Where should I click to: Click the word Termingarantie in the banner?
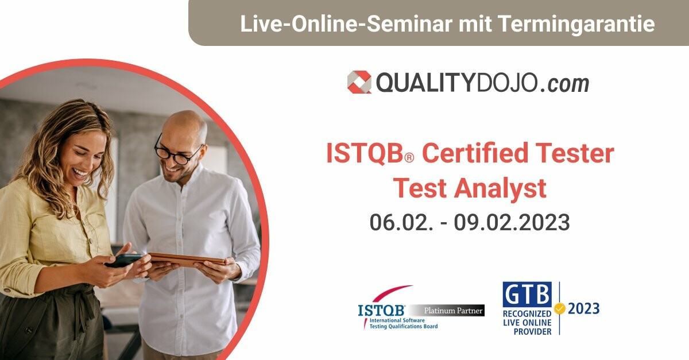(576, 24)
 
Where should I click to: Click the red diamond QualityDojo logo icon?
(359, 82)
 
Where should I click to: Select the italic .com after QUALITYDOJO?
(564, 84)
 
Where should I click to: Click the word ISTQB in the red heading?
(365, 153)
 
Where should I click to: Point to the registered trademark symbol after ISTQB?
(409, 158)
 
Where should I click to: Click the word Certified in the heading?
(475, 153)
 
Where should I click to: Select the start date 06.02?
(401, 222)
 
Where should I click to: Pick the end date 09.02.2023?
(512, 222)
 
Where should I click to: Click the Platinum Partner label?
(453, 311)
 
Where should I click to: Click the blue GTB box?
(527, 295)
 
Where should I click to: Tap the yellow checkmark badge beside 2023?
(560, 309)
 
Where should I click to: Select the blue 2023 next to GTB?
(584, 309)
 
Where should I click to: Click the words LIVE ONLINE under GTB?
(527, 323)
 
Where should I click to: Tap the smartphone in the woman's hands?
(123, 260)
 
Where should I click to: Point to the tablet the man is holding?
(188, 259)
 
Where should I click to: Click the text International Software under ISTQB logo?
(397, 320)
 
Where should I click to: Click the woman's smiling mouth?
(80, 173)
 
